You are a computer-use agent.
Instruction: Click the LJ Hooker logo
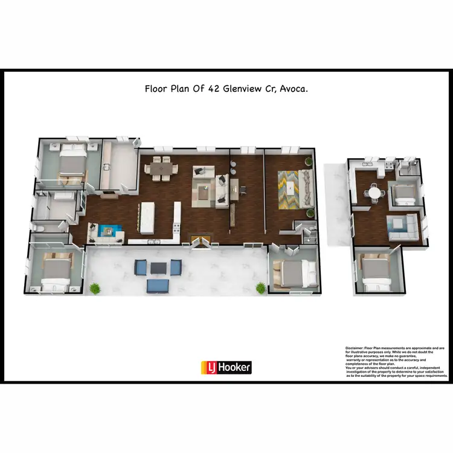pyautogui.click(x=226, y=367)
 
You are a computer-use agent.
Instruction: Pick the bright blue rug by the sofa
pyautogui.click(x=109, y=230)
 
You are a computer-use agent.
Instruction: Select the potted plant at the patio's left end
pyautogui.click(x=94, y=288)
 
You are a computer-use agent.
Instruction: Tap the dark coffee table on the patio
pyautogui.click(x=158, y=268)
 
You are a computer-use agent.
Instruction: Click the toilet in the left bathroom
pyautogui.click(x=37, y=228)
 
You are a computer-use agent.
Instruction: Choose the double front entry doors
pyautogui.click(x=201, y=242)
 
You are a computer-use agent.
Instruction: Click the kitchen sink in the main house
pyautogui.click(x=155, y=241)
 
